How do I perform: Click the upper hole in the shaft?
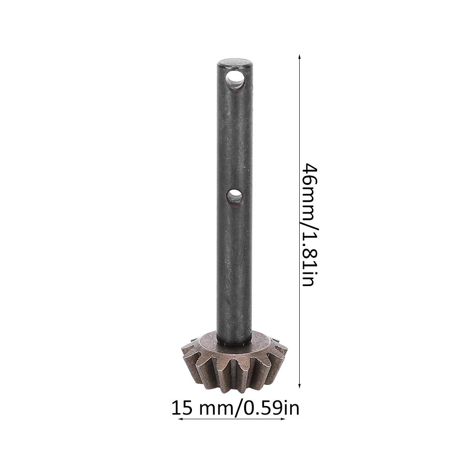coord(235,80)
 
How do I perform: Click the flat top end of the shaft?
coord(235,63)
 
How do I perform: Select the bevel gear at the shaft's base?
coord(234,362)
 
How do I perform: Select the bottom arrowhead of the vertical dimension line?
coord(299,385)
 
